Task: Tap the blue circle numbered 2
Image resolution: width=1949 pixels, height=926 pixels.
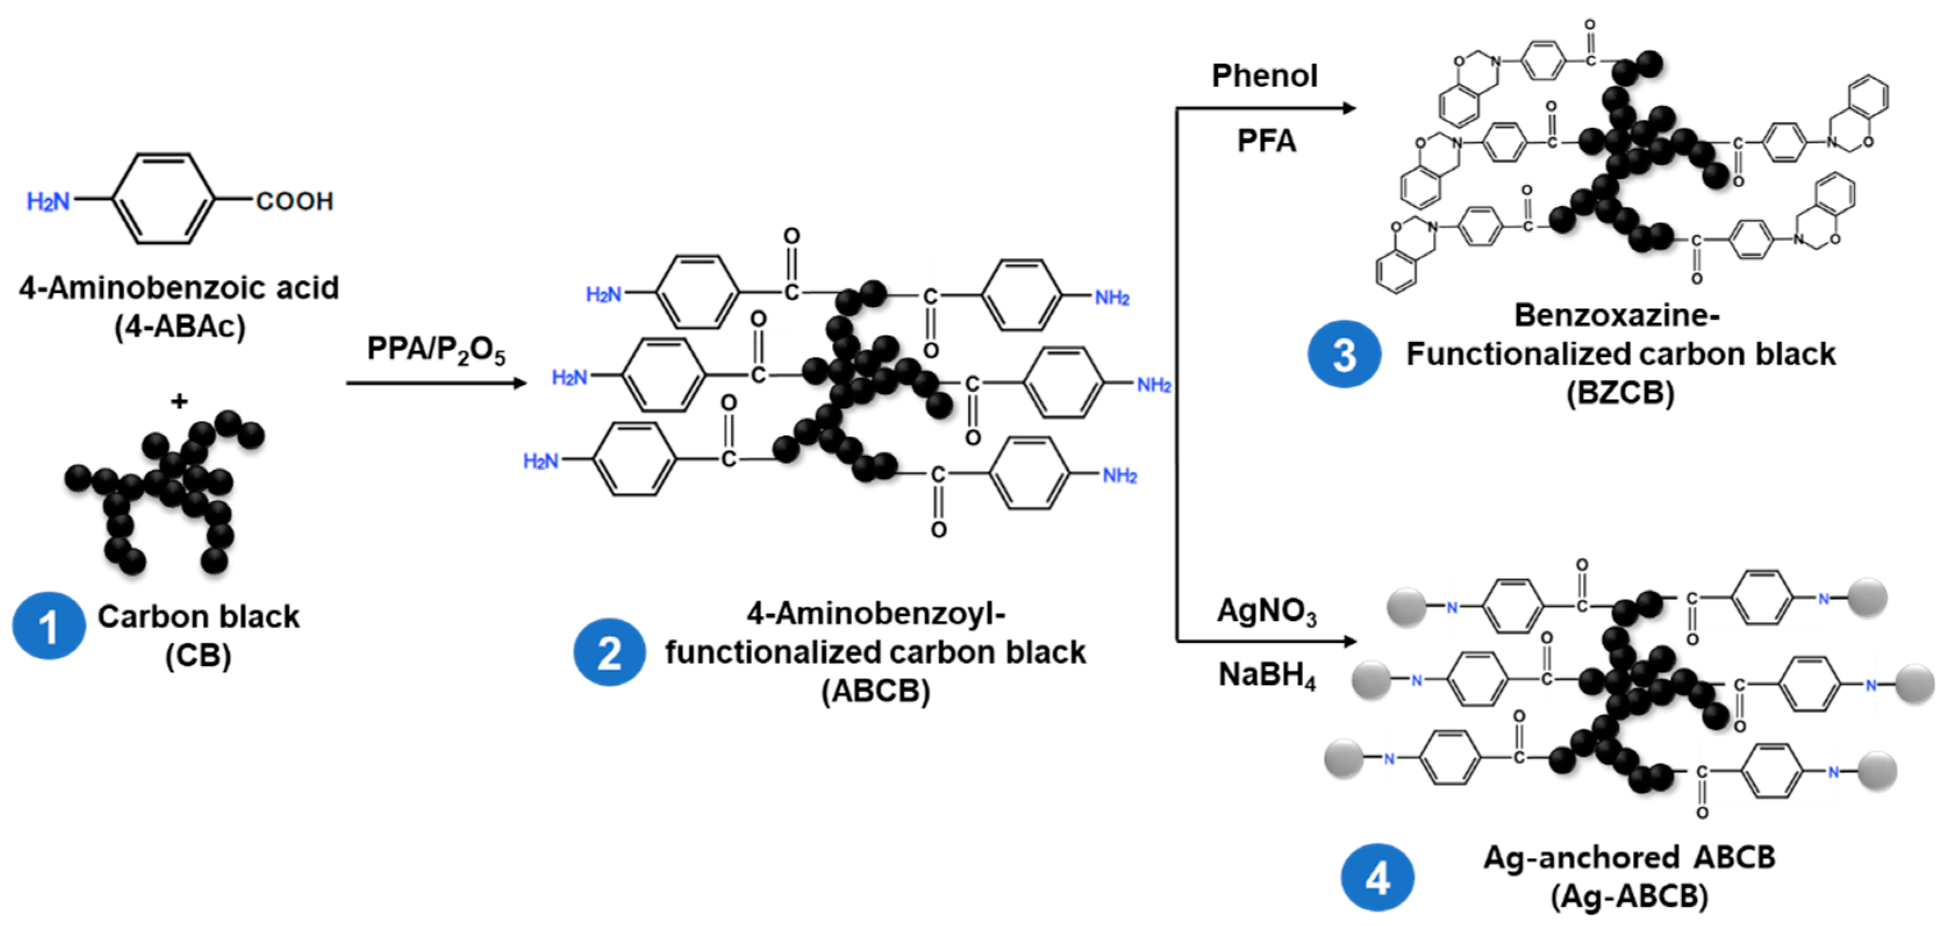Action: [x=609, y=652]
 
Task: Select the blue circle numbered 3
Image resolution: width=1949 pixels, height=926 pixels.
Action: [x=1344, y=354]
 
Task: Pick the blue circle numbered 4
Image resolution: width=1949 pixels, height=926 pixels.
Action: [x=1377, y=878]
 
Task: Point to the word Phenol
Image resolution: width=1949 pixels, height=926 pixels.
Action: [x=1264, y=76]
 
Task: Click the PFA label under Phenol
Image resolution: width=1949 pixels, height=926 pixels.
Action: [x=1266, y=141]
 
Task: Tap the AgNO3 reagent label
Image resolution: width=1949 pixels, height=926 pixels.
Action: [x=1266, y=610]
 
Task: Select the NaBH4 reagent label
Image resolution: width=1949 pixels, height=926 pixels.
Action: [x=1266, y=674]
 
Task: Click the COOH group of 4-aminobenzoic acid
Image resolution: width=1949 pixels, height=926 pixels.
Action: [x=294, y=201]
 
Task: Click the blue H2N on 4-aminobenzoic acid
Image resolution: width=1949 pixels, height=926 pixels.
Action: [x=48, y=201]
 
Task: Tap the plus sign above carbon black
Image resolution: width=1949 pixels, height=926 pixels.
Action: [x=178, y=401]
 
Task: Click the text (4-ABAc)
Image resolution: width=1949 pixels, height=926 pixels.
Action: [x=179, y=327]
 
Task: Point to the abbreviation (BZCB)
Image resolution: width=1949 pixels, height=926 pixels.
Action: [x=1620, y=392]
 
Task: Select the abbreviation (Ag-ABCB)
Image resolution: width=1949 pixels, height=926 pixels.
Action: [x=1629, y=896]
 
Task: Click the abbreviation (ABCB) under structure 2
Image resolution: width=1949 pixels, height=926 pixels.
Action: [x=875, y=691]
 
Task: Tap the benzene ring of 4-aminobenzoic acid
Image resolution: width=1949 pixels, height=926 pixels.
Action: [x=163, y=199]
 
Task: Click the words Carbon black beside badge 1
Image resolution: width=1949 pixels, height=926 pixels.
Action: [x=198, y=617]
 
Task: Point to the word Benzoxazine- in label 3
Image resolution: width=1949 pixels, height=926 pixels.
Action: [x=1617, y=314]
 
